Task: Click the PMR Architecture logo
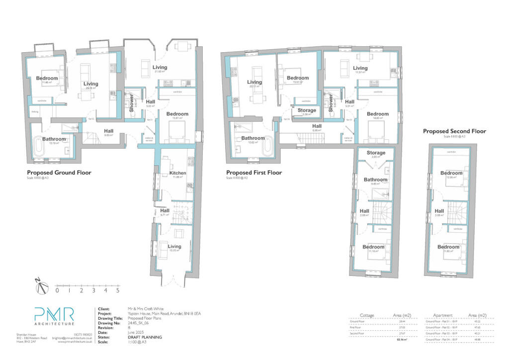54,317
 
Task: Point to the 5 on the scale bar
118,290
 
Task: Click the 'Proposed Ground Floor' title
59,173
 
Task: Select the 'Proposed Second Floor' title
454,131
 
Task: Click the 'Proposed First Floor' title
254,173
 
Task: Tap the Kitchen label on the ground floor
178,173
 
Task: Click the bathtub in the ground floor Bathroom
39,147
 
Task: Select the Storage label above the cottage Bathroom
376,153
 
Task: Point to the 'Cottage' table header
367,315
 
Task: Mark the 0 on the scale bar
57,290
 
